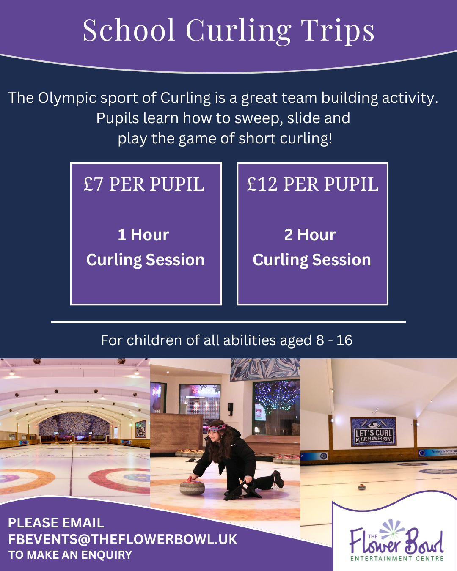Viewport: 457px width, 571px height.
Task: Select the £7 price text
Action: pyautogui.click(x=93, y=184)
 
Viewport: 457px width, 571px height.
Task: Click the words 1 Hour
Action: pyautogui.click(x=143, y=235)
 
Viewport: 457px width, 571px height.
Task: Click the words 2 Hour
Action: pyautogui.click(x=310, y=235)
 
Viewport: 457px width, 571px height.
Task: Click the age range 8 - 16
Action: pyautogui.click(x=334, y=340)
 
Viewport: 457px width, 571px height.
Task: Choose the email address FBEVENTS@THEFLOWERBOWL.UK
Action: pyautogui.click(x=123, y=539)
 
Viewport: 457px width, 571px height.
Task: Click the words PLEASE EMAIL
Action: pyautogui.click(x=56, y=523)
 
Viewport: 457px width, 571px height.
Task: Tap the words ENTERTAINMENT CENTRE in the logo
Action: pyautogui.click(x=397, y=559)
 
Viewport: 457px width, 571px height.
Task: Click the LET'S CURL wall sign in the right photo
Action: pyautogui.click(x=373, y=432)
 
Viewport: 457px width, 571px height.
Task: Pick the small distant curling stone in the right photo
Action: pyautogui.click(x=362, y=487)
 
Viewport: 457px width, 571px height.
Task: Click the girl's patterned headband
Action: pyautogui.click(x=217, y=427)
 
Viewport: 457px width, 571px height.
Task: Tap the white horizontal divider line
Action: pyautogui.click(x=228, y=322)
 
